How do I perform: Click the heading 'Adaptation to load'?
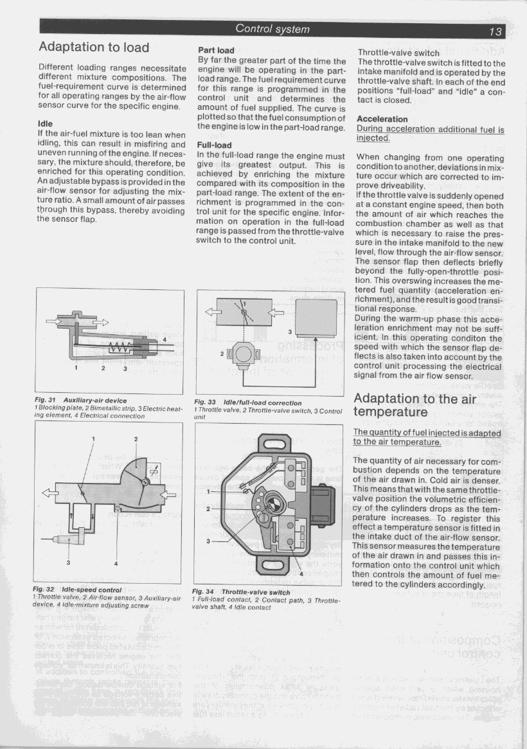94,47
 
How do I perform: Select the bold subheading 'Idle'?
45,123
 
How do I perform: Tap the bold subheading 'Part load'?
216,50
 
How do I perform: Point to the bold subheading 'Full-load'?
215,145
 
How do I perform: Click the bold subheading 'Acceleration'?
382,119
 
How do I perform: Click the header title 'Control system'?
272,29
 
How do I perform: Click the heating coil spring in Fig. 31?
122,347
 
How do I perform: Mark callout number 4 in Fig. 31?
165,339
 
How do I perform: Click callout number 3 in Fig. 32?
69,563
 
